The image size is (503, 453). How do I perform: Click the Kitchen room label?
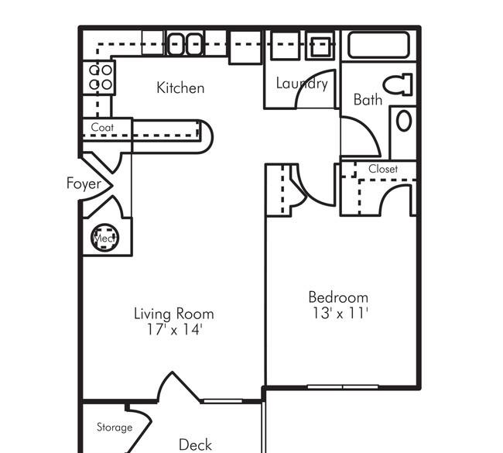click(180, 88)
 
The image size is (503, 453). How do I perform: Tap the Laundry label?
click(302, 84)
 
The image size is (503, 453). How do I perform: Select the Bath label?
click(368, 100)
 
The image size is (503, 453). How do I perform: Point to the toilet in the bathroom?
click(398, 84)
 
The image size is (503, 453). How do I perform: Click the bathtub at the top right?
click(379, 45)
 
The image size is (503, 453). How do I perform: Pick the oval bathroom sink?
click(404, 121)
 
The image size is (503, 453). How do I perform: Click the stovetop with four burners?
click(100, 77)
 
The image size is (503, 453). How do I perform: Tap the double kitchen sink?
click(185, 43)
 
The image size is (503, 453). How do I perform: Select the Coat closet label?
click(102, 127)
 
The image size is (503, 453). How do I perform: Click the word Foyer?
click(84, 184)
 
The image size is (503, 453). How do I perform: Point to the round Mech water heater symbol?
click(104, 238)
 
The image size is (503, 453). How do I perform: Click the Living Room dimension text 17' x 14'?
click(174, 329)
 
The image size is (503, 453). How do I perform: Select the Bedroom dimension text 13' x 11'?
click(340, 313)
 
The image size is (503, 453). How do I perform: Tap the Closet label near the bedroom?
click(383, 169)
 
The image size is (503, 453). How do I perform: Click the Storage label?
click(115, 427)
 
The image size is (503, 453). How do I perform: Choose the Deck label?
click(195, 445)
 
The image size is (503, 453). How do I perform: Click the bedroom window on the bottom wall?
click(343, 387)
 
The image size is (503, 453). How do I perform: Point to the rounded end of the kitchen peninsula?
click(207, 137)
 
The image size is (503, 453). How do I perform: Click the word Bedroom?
click(338, 297)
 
